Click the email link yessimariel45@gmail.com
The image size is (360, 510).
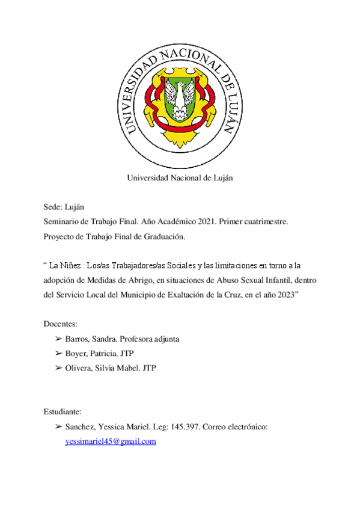click(x=111, y=441)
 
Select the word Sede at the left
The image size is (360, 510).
click(x=53, y=206)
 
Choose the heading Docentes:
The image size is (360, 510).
click(x=62, y=324)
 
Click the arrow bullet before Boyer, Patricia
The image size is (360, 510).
click(x=58, y=354)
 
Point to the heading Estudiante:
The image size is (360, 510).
click(x=63, y=412)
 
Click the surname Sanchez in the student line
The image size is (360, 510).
click(x=81, y=427)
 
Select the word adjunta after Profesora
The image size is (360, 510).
click(x=164, y=339)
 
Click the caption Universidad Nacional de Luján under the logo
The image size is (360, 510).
click(x=179, y=177)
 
